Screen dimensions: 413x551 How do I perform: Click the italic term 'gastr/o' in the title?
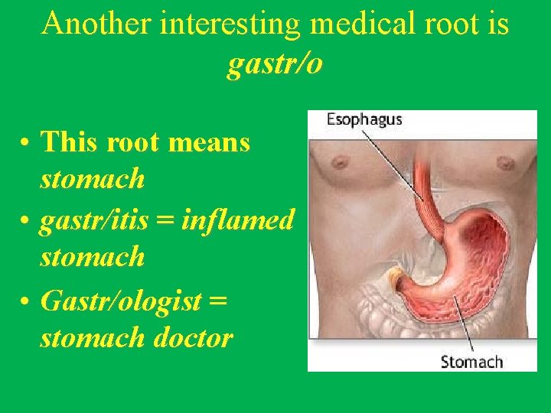coord(275,64)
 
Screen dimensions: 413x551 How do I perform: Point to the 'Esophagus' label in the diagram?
coord(364,120)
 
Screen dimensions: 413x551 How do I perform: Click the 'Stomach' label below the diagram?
coord(471,362)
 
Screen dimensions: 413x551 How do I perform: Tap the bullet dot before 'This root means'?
coord(26,142)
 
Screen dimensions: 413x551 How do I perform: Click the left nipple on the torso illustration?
coord(338,163)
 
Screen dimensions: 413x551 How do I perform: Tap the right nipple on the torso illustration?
coord(505,163)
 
